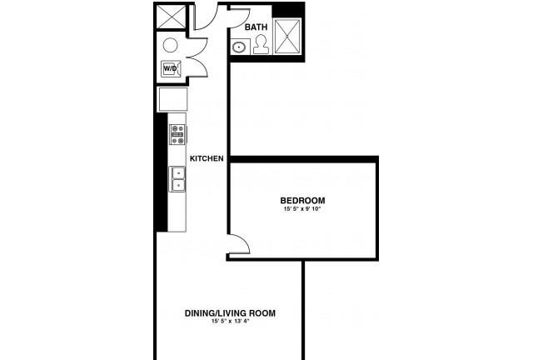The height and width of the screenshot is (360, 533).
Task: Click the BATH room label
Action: pos(256,27)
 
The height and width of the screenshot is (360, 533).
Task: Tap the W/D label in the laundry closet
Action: pos(170,68)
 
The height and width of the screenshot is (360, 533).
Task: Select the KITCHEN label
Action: pos(207,158)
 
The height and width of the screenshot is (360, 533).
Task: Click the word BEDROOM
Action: pos(302,200)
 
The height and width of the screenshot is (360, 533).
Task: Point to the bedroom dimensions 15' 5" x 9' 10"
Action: pos(302,209)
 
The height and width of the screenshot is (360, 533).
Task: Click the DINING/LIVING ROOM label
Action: pos(230,313)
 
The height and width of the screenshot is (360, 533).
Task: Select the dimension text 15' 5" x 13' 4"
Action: pos(230,321)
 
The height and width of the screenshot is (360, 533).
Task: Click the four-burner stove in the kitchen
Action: pos(177,134)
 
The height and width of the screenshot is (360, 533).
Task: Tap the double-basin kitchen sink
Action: pos(177,179)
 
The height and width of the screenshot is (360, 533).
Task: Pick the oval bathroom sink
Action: pos(240,47)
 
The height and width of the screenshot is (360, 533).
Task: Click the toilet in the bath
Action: pos(261,44)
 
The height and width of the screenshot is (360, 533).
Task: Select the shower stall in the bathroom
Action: pos(287,36)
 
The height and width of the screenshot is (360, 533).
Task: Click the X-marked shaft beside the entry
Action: pos(171,17)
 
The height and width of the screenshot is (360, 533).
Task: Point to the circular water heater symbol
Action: pos(170,45)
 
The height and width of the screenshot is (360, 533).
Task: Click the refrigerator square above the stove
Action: pos(172,100)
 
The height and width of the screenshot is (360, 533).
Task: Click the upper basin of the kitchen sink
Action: pos(178,172)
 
